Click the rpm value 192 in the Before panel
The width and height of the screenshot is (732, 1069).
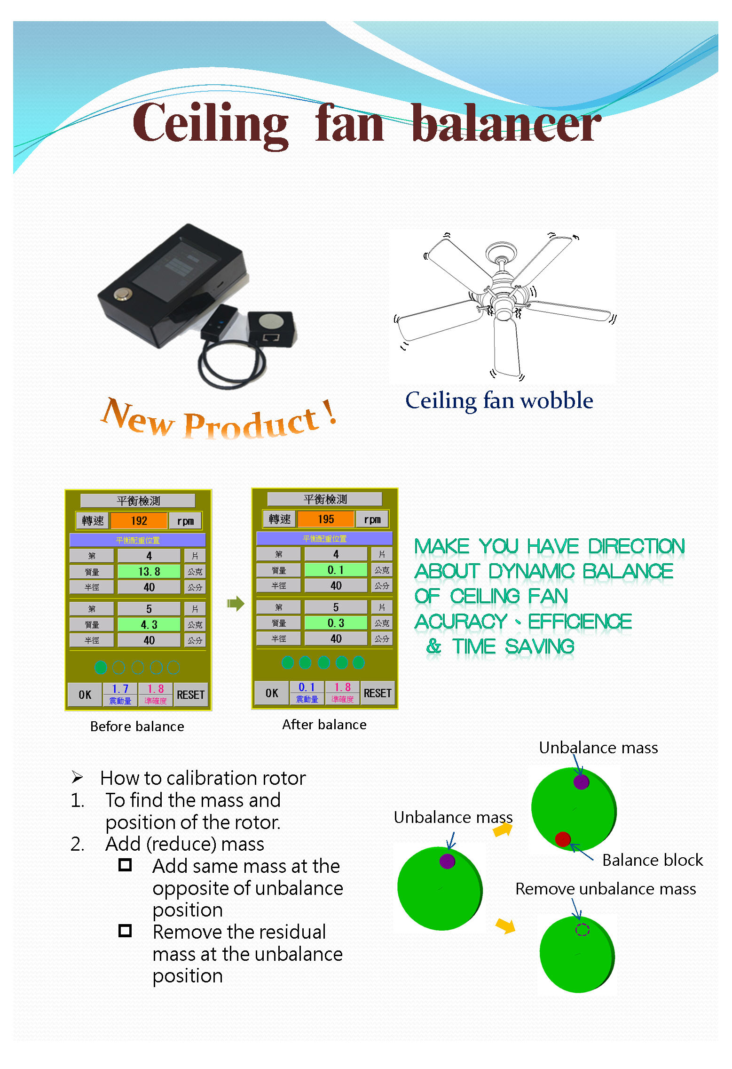pyautogui.click(x=139, y=521)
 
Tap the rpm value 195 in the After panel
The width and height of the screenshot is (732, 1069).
pyautogui.click(x=326, y=519)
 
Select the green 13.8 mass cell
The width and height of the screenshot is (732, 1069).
pyautogui.click(x=149, y=572)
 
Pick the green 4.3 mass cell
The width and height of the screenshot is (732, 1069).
pyautogui.click(x=149, y=625)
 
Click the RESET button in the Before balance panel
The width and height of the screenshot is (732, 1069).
pyautogui.click(x=190, y=695)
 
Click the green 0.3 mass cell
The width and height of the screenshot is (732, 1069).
pyautogui.click(x=336, y=623)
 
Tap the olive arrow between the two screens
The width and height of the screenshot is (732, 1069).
pyautogui.click(x=236, y=603)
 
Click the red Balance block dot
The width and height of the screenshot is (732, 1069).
pyautogui.click(x=562, y=839)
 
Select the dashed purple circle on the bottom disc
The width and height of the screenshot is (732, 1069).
pyautogui.click(x=582, y=930)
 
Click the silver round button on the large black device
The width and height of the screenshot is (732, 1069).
pyautogui.click(x=123, y=295)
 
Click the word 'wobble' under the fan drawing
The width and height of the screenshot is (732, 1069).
pyautogui.click(x=557, y=401)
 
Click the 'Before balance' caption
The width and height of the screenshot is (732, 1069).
pyautogui.click(x=137, y=726)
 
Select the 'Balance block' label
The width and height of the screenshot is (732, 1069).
pyautogui.click(x=653, y=860)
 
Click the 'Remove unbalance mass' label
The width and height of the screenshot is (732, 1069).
pyautogui.click(x=606, y=889)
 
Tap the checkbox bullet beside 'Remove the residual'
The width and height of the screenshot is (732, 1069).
pyautogui.click(x=125, y=931)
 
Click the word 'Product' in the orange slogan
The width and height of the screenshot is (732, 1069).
pyautogui.click(x=251, y=423)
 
